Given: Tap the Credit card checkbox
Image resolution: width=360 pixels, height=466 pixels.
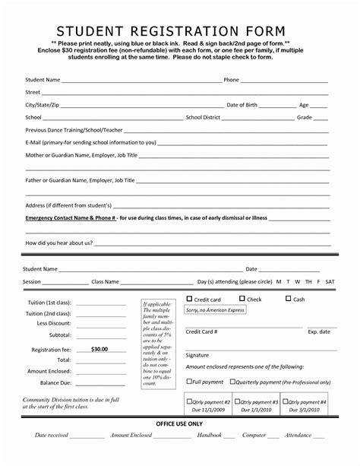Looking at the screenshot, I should point(190,300).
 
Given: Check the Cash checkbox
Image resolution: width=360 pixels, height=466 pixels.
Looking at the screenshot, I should point(288,300).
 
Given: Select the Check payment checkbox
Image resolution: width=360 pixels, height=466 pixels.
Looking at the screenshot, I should point(241,300).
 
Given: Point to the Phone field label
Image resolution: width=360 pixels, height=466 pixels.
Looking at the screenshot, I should point(232,79).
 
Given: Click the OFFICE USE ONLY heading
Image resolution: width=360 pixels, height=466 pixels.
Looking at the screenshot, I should point(180,423).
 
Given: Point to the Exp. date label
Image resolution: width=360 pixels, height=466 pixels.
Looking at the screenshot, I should point(319,331).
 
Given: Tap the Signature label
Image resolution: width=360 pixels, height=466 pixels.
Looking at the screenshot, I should point(197,355).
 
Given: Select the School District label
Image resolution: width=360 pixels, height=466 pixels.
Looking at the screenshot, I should point(203,117).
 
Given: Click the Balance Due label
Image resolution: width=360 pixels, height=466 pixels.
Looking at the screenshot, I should point(55,382).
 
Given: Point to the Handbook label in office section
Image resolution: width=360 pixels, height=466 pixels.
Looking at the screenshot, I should point(210,436).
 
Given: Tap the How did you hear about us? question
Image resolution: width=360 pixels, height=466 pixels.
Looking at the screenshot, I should point(59,243).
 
